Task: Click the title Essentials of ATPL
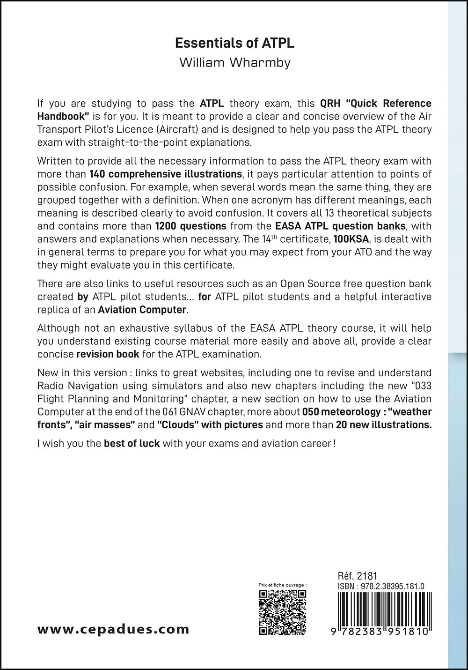tap(234, 43)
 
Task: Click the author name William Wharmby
tap(234, 63)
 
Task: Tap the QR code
tap(283, 612)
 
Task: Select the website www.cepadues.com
tap(113, 629)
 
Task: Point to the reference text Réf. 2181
tap(357, 576)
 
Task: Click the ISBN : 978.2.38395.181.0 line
tap(380, 586)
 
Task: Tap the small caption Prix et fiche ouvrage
tap(282, 585)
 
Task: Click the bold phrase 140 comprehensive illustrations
tap(165, 174)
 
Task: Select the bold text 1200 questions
tap(190, 226)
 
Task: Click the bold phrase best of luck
tap(132, 443)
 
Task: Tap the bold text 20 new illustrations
tap(384, 425)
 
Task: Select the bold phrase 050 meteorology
tap(338, 412)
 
